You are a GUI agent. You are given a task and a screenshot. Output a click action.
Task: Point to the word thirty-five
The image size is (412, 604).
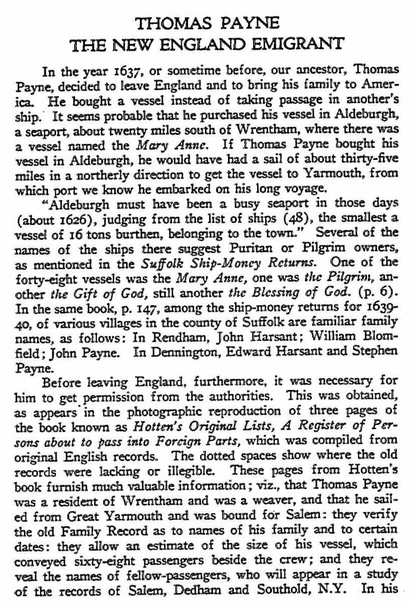point(360,148)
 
